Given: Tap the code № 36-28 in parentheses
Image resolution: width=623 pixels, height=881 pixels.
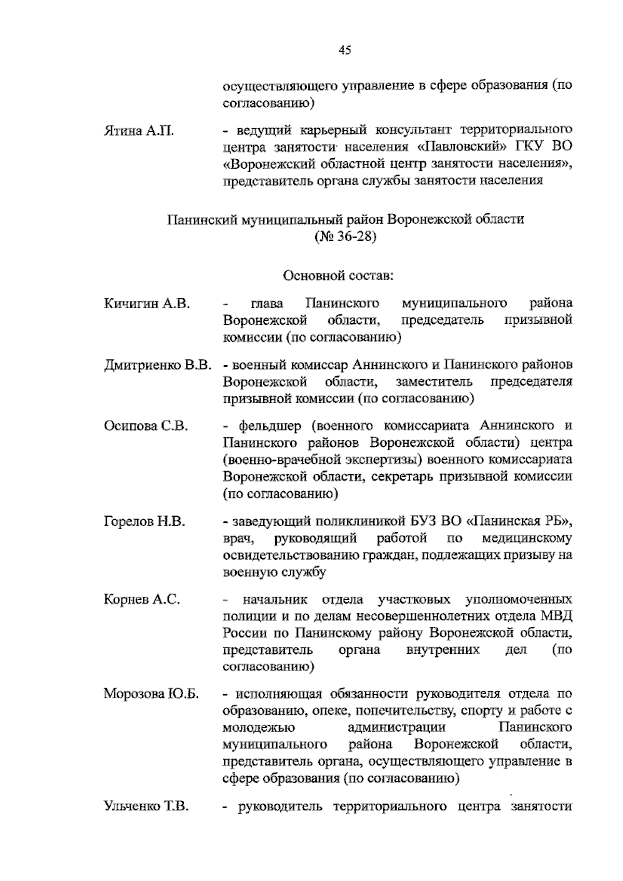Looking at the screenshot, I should pos(345,238).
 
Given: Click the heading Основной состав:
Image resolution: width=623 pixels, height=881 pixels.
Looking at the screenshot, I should pos(338,274).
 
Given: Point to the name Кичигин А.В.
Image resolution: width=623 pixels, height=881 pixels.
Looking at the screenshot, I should pos(147,304).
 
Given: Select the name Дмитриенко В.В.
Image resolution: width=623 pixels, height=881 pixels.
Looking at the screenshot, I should pos(157,365).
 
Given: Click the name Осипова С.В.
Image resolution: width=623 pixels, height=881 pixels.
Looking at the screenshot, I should pos(146,426).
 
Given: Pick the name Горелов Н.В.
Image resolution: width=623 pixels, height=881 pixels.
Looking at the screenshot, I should pos(144,521).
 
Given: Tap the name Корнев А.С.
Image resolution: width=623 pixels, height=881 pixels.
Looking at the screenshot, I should pos(142,600).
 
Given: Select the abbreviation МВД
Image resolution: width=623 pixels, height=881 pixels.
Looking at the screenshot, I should pos(556,616).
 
